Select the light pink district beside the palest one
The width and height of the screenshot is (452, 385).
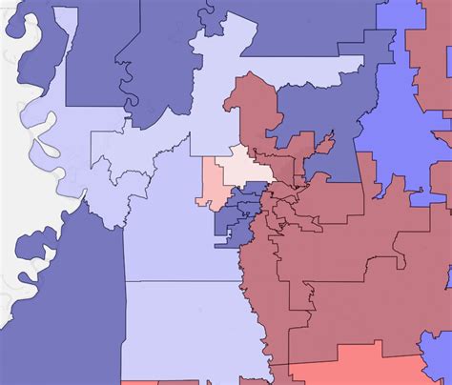[211, 186]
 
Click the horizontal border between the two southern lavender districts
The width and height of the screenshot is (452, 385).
[181, 282]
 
